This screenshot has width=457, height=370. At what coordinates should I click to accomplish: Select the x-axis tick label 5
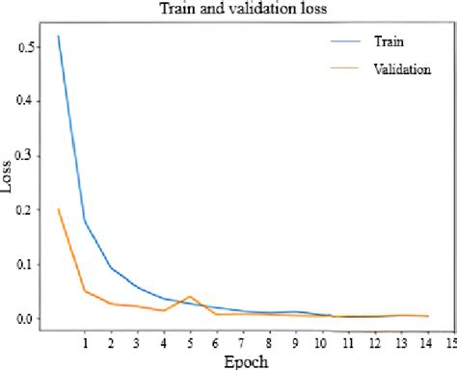tap(190, 342)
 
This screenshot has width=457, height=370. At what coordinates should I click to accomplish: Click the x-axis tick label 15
tap(449, 342)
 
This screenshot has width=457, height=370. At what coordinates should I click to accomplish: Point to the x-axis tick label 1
tap(85, 342)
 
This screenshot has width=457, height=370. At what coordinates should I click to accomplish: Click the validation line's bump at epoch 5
tap(190, 297)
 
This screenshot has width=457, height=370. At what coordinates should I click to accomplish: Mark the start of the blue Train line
tap(59, 37)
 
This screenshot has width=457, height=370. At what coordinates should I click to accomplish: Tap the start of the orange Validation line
tap(59, 209)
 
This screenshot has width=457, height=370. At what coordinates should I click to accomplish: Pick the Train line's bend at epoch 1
tap(85, 221)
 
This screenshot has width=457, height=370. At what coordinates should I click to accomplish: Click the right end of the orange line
tap(427, 316)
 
